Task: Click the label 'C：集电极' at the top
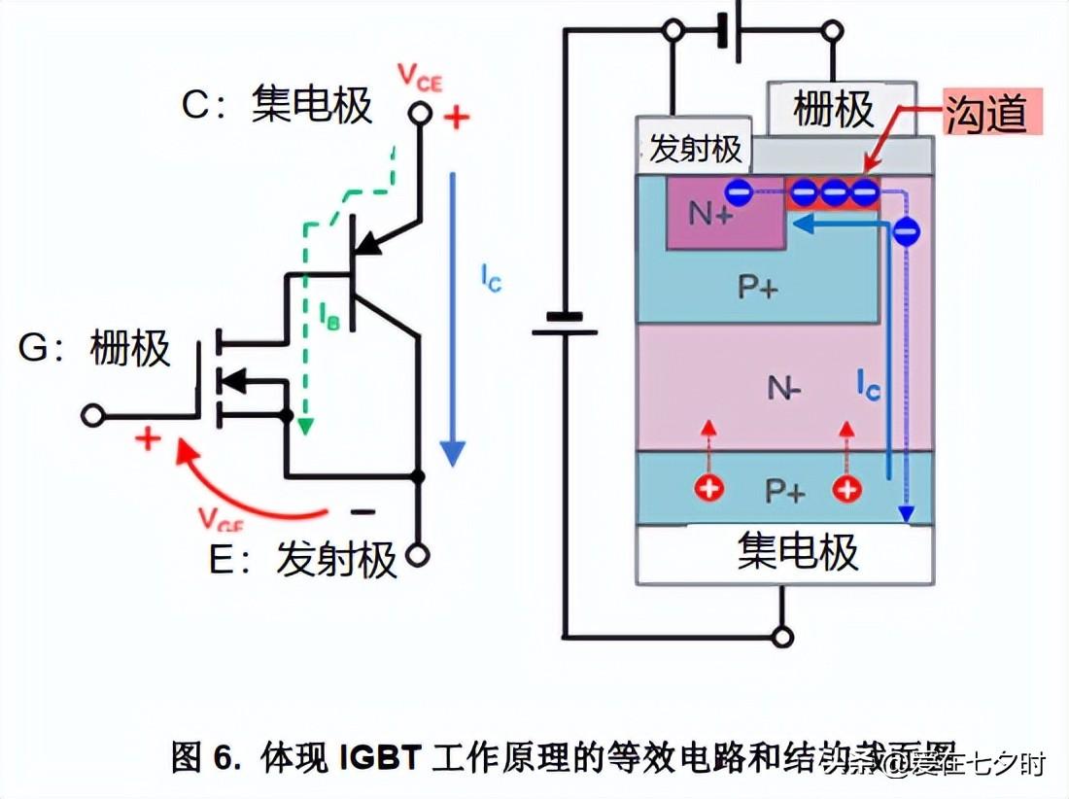point(277,105)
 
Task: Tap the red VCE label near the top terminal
point(419,78)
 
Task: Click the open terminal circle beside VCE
point(420,115)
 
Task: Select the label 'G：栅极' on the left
point(94,348)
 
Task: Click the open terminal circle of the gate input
point(92,416)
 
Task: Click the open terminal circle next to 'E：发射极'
point(419,555)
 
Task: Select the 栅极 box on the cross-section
point(833,109)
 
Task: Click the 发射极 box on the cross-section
point(694,149)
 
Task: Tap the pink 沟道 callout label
point(985,112)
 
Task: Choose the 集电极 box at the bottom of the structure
point(797,551)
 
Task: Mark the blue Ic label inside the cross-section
point(868,385)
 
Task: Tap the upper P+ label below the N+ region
point(756,288)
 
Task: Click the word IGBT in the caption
point(377,756)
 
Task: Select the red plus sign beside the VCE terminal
point(456,118)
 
